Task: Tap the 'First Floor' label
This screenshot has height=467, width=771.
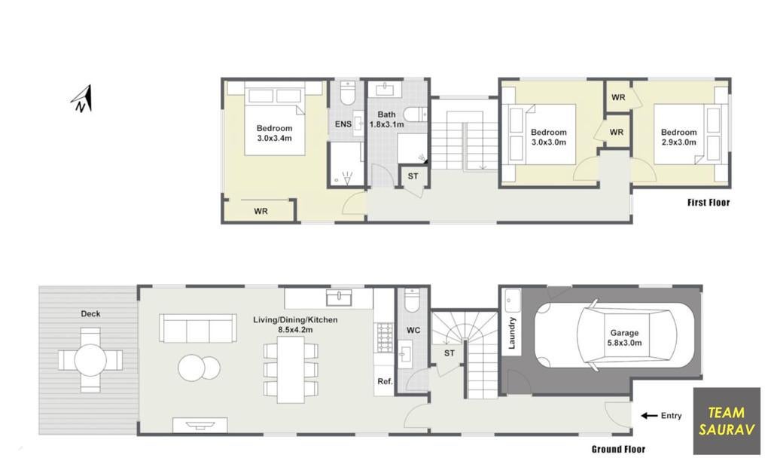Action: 709,203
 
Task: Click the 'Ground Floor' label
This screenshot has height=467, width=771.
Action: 618,449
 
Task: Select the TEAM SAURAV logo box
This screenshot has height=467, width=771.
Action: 727,421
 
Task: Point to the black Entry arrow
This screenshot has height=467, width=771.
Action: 649,416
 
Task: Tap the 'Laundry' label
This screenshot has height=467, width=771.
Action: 512,333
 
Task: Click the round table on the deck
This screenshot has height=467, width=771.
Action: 90,360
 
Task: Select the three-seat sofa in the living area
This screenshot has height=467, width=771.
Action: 196,328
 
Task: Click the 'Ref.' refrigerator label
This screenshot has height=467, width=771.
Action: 385,381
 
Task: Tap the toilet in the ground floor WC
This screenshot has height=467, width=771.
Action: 412,301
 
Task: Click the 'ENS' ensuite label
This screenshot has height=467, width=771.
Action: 343,124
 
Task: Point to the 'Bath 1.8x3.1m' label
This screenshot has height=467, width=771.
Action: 386,120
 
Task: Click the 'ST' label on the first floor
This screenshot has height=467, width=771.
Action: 413,176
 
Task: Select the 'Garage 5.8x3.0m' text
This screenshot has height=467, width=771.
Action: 624,338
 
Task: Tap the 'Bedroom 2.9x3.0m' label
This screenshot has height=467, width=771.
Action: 678,137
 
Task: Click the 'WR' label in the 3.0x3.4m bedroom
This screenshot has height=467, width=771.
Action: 261,211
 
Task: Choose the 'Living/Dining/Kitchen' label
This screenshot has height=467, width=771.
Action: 295,320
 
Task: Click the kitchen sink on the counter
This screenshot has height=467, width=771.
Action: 340,298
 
